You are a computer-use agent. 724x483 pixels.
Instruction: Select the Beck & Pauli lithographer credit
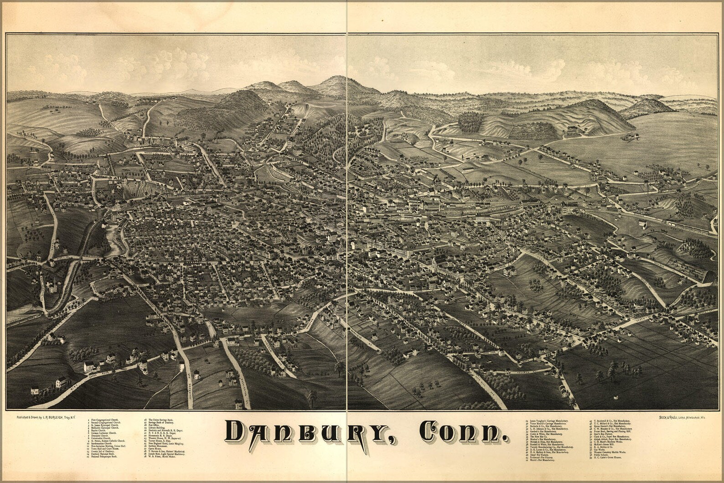coord(682,417)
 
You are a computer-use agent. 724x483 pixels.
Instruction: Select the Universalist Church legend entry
coord(103,438)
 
